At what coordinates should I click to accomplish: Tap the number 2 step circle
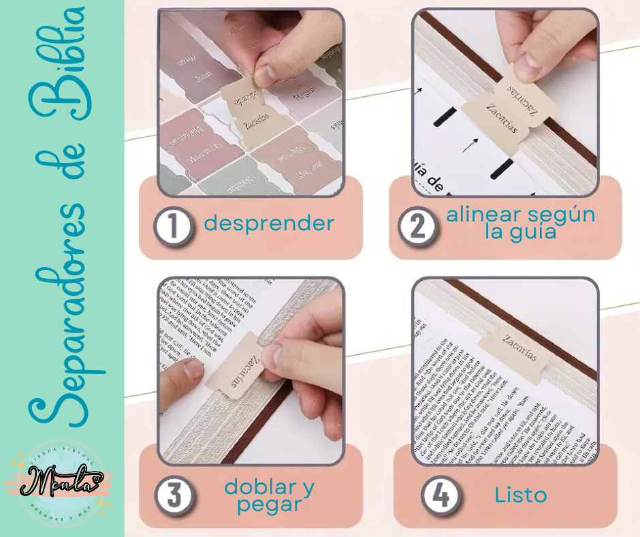click(x=416, y=226)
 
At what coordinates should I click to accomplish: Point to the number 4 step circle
click(x=439, y=495)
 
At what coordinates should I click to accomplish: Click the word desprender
click(x=269, y=223)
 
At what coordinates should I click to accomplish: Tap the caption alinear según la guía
click(x=521, y=223)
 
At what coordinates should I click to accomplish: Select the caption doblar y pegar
click(x=270, y=495)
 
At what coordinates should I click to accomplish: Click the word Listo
click(x=521, y=495)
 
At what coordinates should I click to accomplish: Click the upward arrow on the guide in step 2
click(x=468, y=145)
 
